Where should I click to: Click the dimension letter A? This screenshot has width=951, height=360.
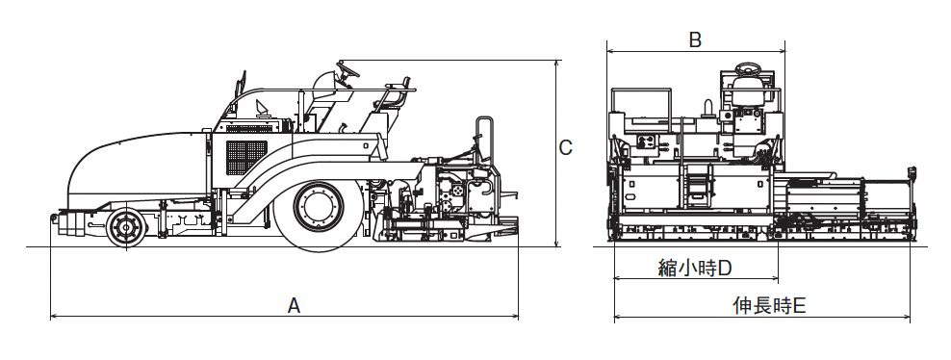[294, 305]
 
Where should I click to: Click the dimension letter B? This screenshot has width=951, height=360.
[695, 40]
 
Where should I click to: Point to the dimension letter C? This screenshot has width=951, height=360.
[565, 147]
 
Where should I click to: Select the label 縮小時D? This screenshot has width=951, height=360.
[695, 268]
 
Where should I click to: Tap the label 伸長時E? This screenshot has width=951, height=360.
[769, 305]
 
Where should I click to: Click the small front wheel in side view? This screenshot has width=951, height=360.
[125, 227]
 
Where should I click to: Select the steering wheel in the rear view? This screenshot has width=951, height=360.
[750, 68]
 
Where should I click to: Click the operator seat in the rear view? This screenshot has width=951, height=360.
[749, 90]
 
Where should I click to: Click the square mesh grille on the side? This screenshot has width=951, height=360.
[246, 156]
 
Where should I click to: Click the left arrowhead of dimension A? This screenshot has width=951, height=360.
[54, 317]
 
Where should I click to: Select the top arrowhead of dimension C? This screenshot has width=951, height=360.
[556, 64]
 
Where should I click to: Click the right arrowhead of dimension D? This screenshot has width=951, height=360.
[774, 279]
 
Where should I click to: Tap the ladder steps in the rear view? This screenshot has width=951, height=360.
[698, 184]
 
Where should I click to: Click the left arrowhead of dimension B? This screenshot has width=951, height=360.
[611, 51]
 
